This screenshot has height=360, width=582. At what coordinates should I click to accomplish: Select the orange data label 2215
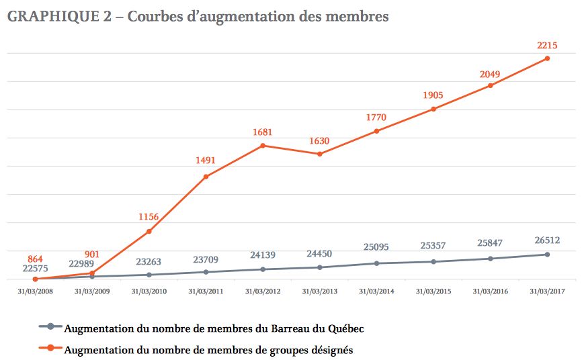pyautogui.click(x=548, y=46)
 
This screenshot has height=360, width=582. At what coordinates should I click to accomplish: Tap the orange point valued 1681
pyautogui.click(x=263, y=145)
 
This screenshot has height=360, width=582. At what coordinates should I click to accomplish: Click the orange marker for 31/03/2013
pyautogui.click(x=320, y=154)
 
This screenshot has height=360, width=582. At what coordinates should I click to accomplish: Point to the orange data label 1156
pyautogui.click(x=149, y=217)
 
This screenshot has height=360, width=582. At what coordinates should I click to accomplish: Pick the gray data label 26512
pyautogui.click(x=548, y=240)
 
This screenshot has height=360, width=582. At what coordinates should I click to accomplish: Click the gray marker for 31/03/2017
pyautogui.click(x=547, y=254)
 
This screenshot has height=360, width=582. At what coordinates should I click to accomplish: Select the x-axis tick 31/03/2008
pyautogui.click(x=35, y=291)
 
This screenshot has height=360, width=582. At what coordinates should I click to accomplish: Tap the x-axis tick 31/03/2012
pyautogui.click(x=263, y=291)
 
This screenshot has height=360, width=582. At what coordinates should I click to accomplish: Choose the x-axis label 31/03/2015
pyautogui.click(x=433, y=291)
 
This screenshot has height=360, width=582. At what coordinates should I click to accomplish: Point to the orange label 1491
pyautogui.click(x=206, y=161)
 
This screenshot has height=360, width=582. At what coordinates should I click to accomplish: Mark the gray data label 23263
pyautogui.click(x=149, y=263)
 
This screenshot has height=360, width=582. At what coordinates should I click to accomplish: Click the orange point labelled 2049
pyautogui.click(x=490, y=85)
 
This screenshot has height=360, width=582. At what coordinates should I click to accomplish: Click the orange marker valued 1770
pyautogui.click(x=376, y=131)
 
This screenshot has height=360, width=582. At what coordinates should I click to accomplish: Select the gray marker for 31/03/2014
pyautogui.click(x=376, y=263)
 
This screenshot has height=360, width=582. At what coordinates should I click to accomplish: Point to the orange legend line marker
pyautogui.click(x=50, y=348)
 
